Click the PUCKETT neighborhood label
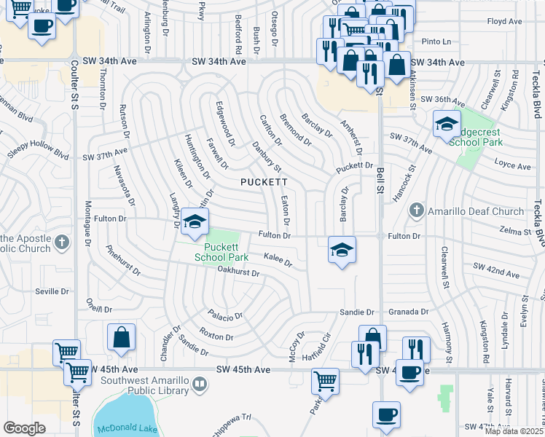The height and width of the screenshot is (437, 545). tap(264, 181)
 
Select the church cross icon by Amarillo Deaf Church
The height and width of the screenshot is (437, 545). tap(416, 211)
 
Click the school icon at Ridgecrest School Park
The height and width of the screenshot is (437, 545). tap(447, 125)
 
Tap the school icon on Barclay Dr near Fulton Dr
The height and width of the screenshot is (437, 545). tap(342, 251)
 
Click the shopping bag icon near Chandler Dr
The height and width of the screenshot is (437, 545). tap(122, 338)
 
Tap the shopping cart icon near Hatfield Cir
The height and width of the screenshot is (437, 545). tap(325, 380)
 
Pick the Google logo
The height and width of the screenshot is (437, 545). tap(24, 428)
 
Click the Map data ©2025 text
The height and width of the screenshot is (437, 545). tap(514, 430)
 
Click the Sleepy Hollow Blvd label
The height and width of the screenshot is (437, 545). tap(38, 154)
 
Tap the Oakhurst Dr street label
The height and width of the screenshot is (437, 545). tap(238, 272)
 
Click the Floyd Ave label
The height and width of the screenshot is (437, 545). tap(504, 22)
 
